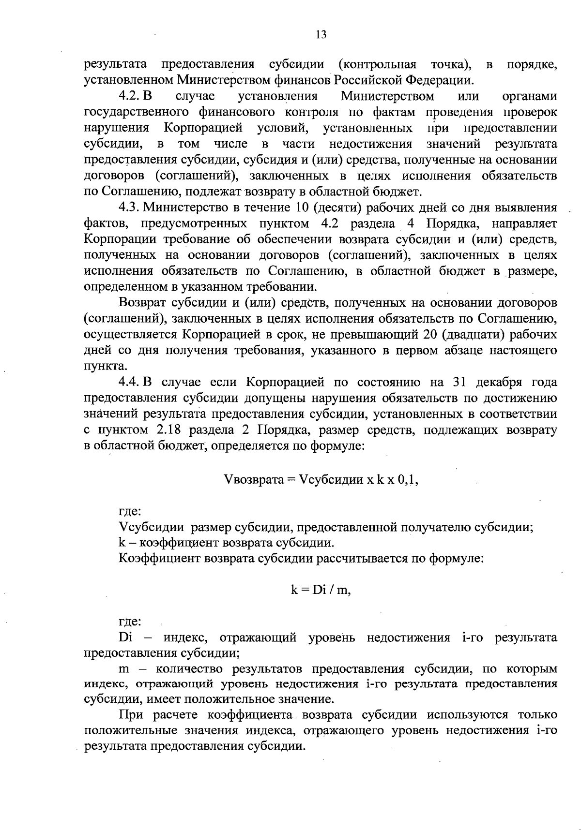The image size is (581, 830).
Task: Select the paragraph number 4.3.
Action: [130, 208]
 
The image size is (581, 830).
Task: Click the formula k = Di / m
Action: [321, 590]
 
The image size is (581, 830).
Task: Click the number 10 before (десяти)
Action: [300, 208]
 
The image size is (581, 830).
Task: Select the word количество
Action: [191, 669]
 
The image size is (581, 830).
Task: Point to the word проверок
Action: [532, 112]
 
